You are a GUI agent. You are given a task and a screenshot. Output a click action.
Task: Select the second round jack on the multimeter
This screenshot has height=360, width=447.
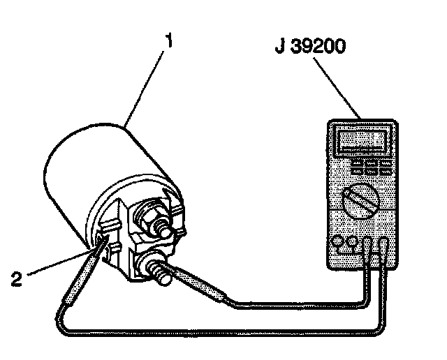(353, 243)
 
